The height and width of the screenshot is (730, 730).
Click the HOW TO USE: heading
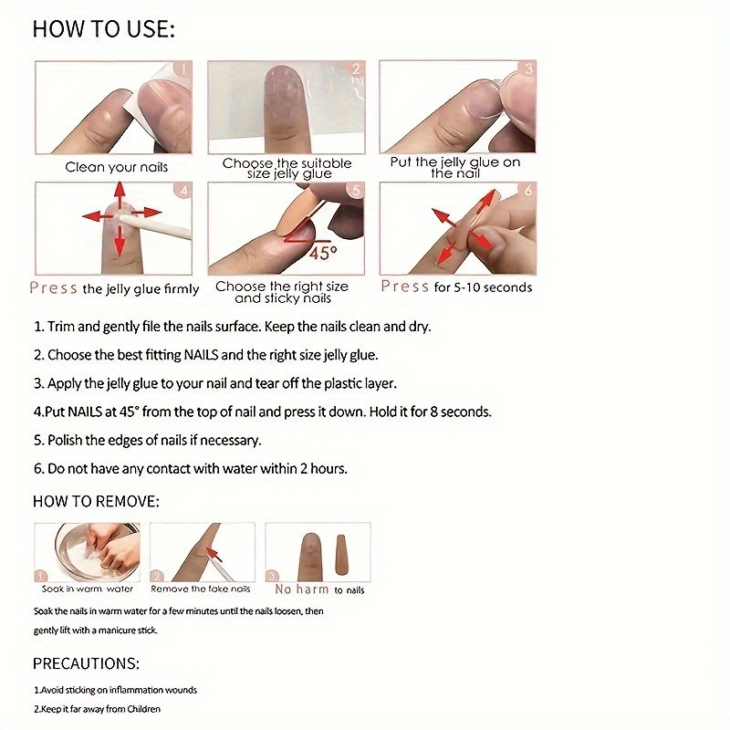pyautogui.click(x=103, y=29)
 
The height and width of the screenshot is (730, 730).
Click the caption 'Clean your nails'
pyautogui.click(x=116, y=167)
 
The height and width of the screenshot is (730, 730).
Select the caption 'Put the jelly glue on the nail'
pyautogui.click(x=455, y=167)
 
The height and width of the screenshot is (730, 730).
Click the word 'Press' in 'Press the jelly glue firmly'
pyautogui.click(x=53, y=288)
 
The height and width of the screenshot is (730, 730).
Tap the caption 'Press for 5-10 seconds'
pyautogui.click(x=456, y=287)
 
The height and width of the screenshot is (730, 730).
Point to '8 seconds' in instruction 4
pyautogui.click(x=460, y=412)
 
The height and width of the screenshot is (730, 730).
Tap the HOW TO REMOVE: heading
pyautogui.click(x=96, y=501)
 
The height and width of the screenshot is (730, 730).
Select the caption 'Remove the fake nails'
pyautogui.click(x=201, y=589)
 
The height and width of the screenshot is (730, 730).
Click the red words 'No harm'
pyautogui.click(x=302, y=589)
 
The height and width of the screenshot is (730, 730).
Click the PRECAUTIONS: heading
pyautogui.click(x=87, y=663)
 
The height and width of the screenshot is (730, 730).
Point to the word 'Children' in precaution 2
pyautogui.click(x=141, y=709)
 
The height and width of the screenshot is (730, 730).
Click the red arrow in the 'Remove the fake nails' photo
pyautogui.click(x=214, y=550)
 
